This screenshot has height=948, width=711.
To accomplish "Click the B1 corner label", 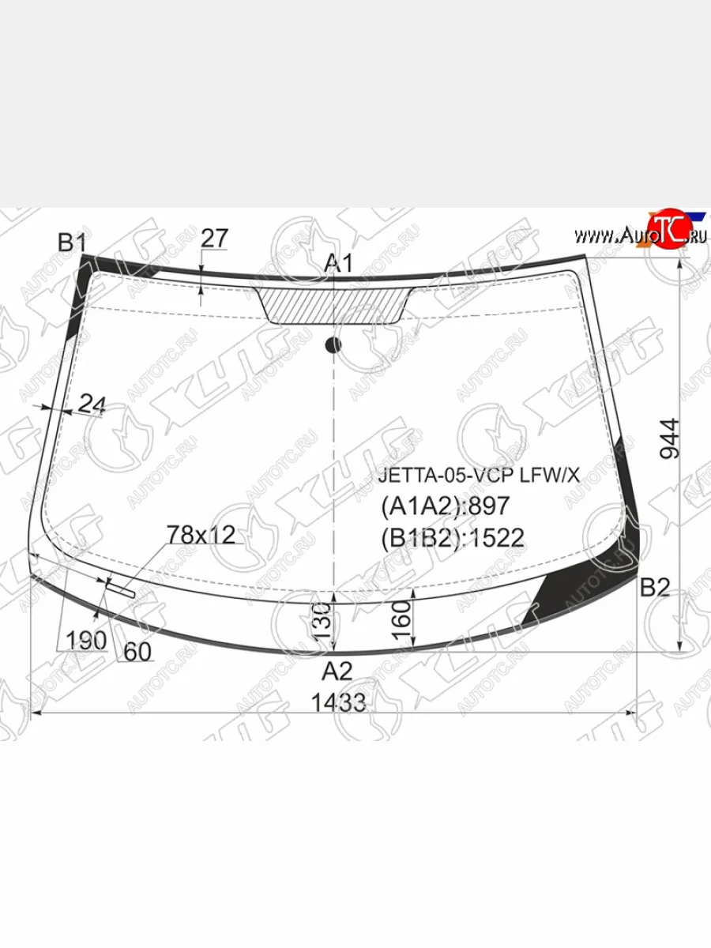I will click(72, 243).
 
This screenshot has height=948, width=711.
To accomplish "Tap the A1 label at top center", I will click(339, 264).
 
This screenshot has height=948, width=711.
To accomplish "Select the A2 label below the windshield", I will click(337, 671).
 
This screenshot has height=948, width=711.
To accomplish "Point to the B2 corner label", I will click(654, 587).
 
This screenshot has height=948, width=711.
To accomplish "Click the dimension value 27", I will click(214, 237).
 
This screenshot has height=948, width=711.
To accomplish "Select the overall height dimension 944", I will click(669, 438).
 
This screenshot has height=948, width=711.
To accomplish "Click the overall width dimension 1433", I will click(338, 702).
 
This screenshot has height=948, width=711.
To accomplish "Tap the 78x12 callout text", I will click(201, 535).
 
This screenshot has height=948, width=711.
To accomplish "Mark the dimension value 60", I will click(137, 651).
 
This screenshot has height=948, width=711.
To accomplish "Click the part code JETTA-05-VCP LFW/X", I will click(479, 476).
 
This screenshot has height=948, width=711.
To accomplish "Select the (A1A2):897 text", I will click(446, 506).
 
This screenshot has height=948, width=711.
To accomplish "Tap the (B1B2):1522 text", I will click(453, 538).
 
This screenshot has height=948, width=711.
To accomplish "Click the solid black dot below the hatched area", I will click(333, 344).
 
